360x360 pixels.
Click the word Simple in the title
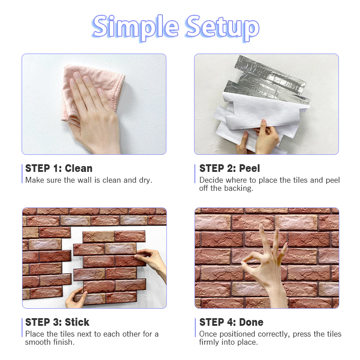coord(135,27)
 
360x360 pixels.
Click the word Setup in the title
coord(223,27)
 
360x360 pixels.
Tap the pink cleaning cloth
coord(92,92)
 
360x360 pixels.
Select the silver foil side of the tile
coord(269,81)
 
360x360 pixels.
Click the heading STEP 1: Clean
coord(59,168)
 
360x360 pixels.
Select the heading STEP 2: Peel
coord(229,168)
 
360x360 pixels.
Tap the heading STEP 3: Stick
coord(57,322)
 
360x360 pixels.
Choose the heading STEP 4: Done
coord(231,322)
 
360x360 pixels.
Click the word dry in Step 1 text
coord(145,180)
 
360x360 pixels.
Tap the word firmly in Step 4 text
coord(209,342)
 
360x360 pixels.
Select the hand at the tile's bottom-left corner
coord(76,298)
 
